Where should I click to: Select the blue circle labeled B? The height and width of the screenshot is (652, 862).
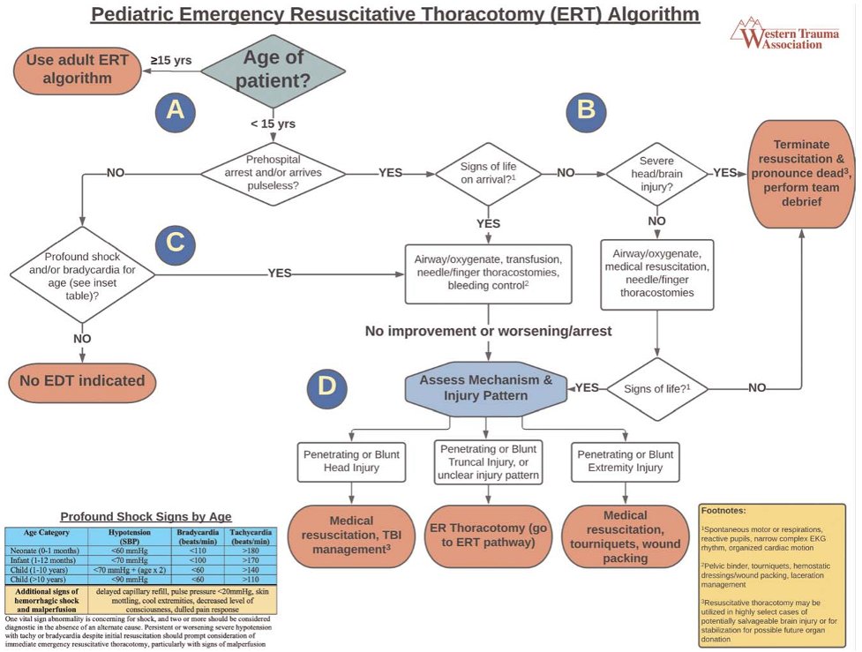(x=586, y=109)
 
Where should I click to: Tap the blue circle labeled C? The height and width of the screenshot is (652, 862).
(x=175, y=246)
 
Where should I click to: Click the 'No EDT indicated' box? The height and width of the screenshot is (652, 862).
(x=82, y=382)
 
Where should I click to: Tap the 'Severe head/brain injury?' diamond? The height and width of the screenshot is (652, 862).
(x=656, y=173)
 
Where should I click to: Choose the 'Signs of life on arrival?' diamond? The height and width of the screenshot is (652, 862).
(x=488, y=173)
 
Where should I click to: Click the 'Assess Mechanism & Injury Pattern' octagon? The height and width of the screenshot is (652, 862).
(x=485, y=388)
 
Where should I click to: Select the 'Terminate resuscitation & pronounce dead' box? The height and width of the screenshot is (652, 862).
(x=800, y=173)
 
